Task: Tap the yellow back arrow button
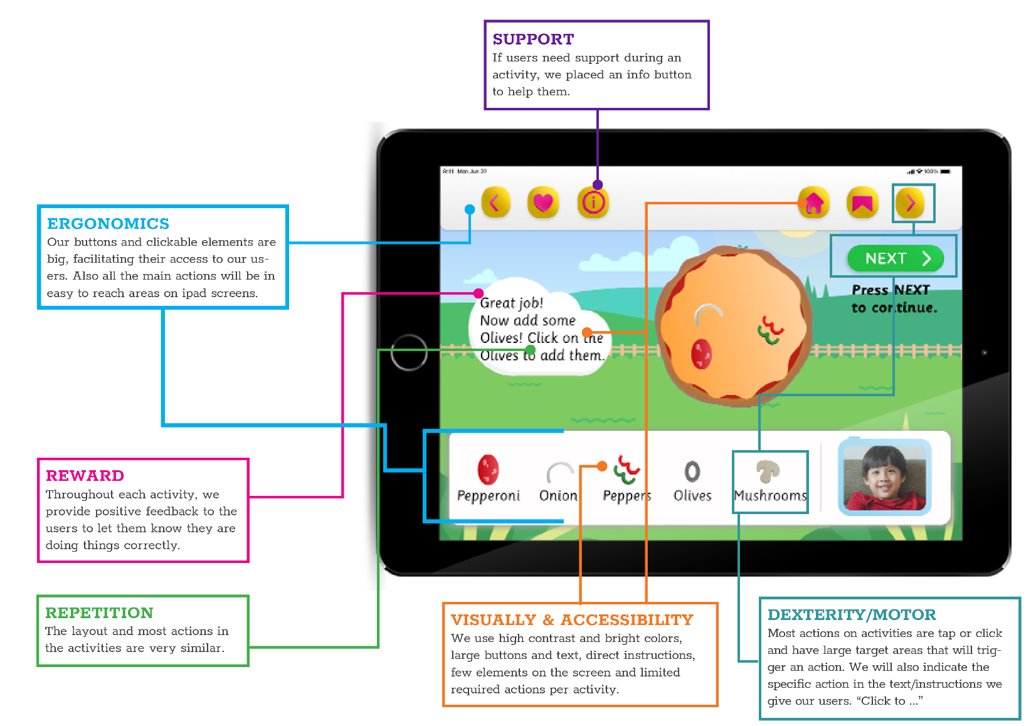click(495, 203)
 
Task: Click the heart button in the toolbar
click(543, 203)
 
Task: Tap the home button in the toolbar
click(814, 203)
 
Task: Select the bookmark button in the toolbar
click(862, 203)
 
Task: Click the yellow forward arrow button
click(910, 203)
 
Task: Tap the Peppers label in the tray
click(627, 496)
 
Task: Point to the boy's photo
click(884, 477)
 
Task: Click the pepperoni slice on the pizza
click(701, 354)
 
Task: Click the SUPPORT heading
click(533, 39)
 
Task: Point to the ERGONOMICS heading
click(108, 224)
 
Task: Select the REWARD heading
click(85, 476)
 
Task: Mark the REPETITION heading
click(99, 613)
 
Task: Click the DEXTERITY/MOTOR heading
click(852, 615)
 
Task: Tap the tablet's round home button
click(409, 352)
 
